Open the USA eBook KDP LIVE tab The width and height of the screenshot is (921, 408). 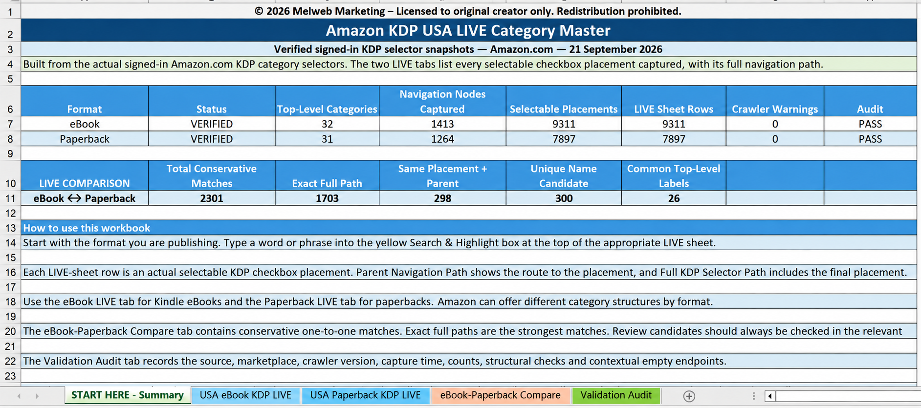pyautogui.click(x=245, y=395)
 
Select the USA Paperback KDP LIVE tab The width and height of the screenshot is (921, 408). pyautogui.click(x=365, y=395)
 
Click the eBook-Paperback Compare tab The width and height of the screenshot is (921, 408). pyautogui.click(x=500, y=395)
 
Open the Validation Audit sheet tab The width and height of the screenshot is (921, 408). pyautogui.click(x=616, y=395)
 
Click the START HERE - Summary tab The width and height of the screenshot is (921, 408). pyautogui.click(x=127, y=395)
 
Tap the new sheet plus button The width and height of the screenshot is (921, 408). pyautogui.click(x=689, y=396)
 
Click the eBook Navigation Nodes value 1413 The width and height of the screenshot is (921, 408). pyautogui.click(x=442, y=124)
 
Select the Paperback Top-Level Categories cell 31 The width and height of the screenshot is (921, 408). pyautogui.click(x=327, y=139)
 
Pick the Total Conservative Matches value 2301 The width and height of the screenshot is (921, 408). pyautogui.click(x=212, y=198)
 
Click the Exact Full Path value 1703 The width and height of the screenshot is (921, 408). pyautogui.click(x=327, y=198)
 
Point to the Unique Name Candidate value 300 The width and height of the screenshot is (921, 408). pyautogui.click(x=564, y=198)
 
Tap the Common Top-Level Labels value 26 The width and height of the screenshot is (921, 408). pyautogui.click(x=674, y=198)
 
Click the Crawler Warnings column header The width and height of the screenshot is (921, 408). pyautogui.click(x=775, y=109)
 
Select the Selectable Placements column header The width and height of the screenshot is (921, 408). pyautogui.click(x=564, y=109)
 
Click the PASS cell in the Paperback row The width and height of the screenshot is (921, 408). pyautogui.click(x=870, y=139)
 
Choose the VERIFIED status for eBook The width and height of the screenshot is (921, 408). pyautogui.click(x=212, y=124)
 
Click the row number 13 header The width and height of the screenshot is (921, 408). pyautogui.click(x=10, y=228)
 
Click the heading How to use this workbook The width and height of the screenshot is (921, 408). pyautogui.click(x=87, y=228)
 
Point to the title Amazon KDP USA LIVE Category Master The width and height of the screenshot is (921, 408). pyautogui.click(x=468, y=30)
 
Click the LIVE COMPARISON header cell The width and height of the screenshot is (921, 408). pyautogui.click(x=85, y=184)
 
